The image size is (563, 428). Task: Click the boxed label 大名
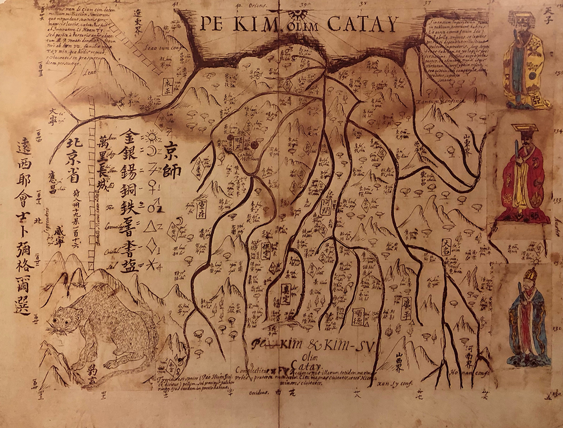tap(446, 247)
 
